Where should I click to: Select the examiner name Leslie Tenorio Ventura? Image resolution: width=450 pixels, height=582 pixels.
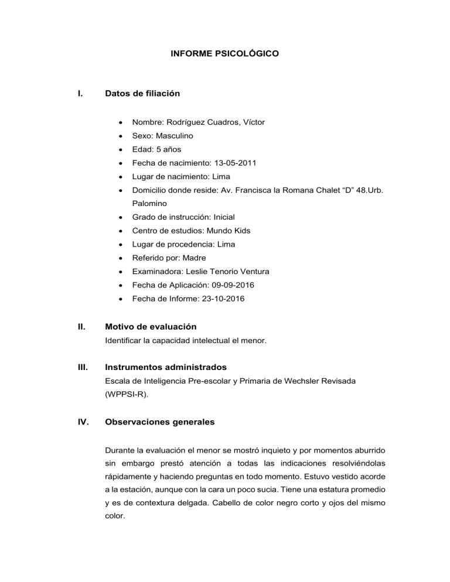pos(226,271)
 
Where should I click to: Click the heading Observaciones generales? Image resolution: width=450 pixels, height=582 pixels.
pos(159,422)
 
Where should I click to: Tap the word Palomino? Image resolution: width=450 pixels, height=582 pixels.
pos(150,203)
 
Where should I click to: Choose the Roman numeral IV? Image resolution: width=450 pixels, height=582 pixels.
pos(83,422)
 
